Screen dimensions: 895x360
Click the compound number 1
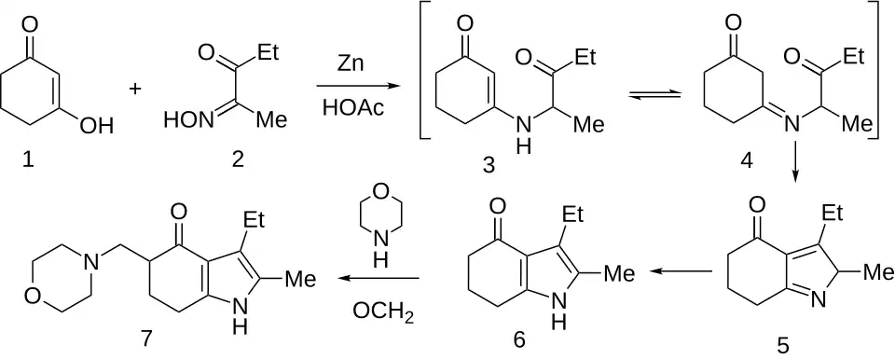27,161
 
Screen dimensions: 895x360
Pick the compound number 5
784,344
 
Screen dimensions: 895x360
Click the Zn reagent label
350,64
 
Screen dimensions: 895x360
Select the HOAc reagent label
350,107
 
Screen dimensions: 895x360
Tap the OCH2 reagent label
383,313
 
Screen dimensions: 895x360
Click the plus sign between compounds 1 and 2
135,89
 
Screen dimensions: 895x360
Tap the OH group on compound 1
96,125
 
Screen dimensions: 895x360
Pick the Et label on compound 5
833,215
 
